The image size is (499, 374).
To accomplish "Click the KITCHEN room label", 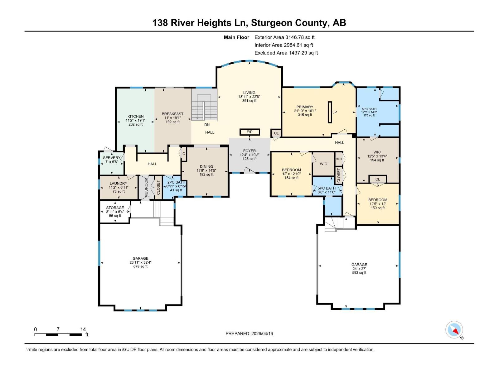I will (x=135, y=117).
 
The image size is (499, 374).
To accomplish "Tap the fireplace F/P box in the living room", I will (x=249, y=132).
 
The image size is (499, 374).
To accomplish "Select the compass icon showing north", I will (x=454, y=330).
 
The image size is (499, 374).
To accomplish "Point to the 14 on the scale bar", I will (x=83, y=329).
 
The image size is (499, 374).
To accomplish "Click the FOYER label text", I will (x=249, y=151).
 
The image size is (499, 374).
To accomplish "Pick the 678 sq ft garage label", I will (x=140, y=262).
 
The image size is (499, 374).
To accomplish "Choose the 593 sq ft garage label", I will (x=359, y=268).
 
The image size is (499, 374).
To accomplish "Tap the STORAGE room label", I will (x=115, y=208).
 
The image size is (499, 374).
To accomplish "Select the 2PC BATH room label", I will (x=176, y=182).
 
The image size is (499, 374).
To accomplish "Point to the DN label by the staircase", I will (x=207, y=125).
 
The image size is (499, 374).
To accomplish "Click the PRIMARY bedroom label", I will (x=305, y=107).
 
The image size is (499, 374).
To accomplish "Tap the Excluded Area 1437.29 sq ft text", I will (x=286, y=53).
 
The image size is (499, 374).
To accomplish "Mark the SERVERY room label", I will (x=111, y=158).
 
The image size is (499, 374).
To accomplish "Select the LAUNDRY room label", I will (x=118, y=184).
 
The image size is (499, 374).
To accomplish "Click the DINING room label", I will (x=206, y=167).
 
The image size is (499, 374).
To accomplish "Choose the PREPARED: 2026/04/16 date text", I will (x=249, y=333).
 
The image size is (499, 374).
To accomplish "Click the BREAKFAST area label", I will (x=172, y=114).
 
